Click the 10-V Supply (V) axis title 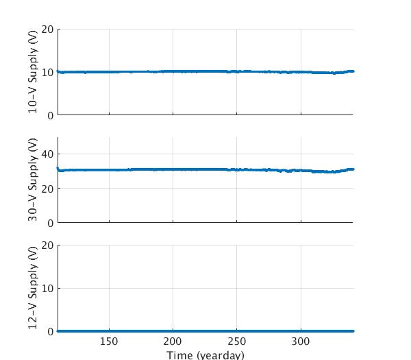tap(33, 73)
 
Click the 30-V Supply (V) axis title tap(33, 180)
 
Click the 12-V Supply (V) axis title tap(33, 287)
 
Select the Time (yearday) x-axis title tap(205, 355)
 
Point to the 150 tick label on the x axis tap(109, 342)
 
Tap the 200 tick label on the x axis tap(173, 342)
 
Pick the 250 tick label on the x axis tap(237, 342)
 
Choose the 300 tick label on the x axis tap(301, 342)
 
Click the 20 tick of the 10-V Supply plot tap(47, 29)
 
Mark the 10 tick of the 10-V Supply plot tap(47, 72)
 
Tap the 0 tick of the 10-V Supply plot tap(50, 115)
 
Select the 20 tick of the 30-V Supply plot tap(47, 189)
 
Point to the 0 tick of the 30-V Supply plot tap(50, 223)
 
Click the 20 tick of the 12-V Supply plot tap(47, 245)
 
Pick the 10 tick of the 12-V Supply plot tap(47, 288)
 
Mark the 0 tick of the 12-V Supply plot tap(50, 331)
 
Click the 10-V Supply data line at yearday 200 tap(173, 71)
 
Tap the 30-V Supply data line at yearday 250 tap(237, 169)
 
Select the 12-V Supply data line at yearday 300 tap(301, 331)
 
